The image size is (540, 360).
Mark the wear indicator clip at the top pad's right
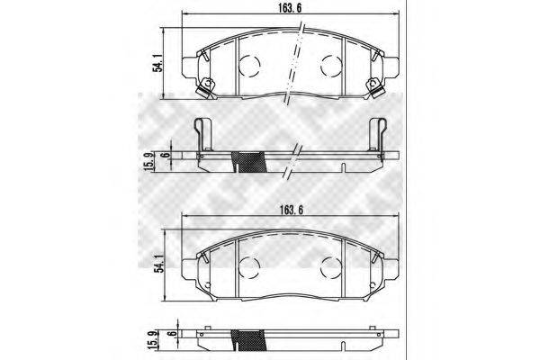(372, 86)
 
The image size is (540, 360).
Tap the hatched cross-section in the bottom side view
(251, 341)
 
